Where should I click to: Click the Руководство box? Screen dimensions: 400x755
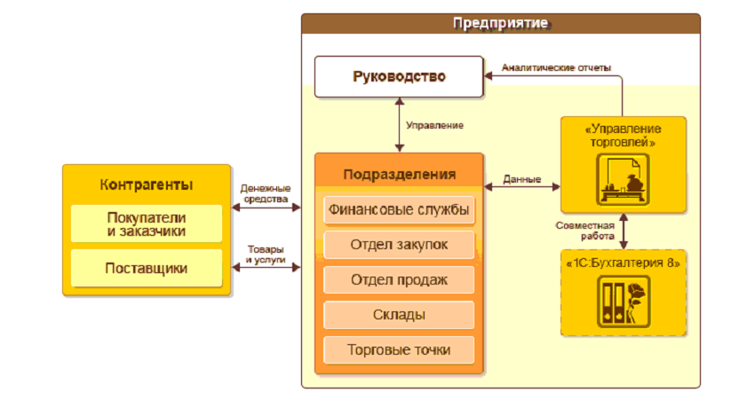pos(399,77)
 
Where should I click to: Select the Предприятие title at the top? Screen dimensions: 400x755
pos(500,22)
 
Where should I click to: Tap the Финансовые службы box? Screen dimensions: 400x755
pos(398,211)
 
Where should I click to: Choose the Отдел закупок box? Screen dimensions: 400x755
pos(398,245)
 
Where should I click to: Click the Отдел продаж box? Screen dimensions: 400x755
pos(398,280)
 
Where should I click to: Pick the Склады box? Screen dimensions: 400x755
pos(398,315)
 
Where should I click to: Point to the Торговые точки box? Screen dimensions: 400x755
pos(398,349)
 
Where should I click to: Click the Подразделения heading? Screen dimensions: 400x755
pos(399,174)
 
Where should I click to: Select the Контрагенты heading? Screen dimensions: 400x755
pos(147,185)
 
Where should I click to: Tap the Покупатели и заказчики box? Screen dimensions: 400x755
pos(147,224)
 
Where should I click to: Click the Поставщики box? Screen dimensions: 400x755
pos(147,268)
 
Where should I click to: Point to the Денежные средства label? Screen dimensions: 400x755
pos(265,194)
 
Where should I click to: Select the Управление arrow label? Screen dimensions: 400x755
pos(434,126)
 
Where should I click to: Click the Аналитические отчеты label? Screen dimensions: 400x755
pos(556,68)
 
